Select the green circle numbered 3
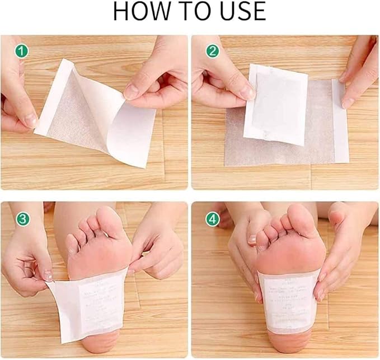tap(22, 218)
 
